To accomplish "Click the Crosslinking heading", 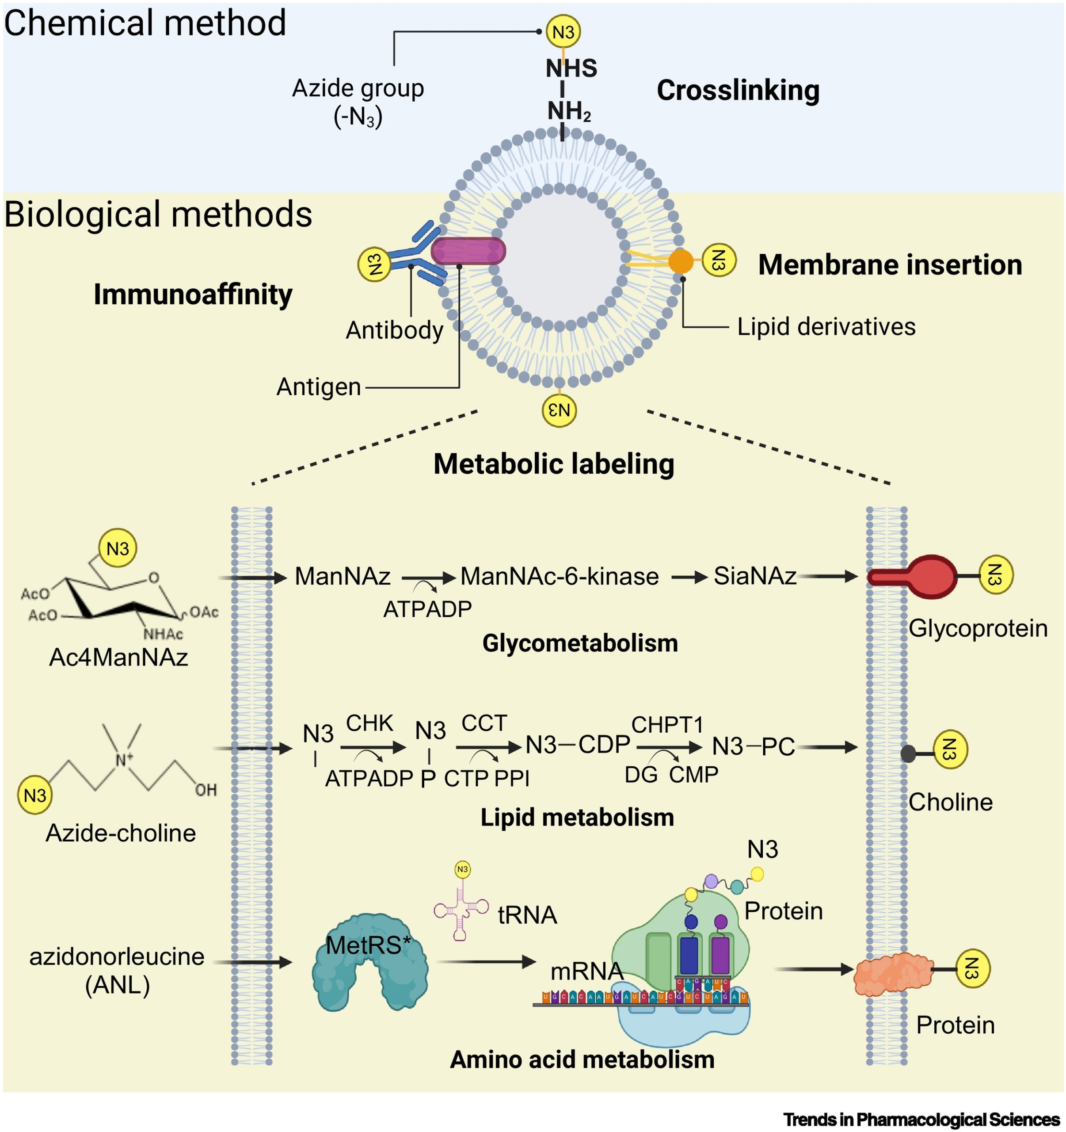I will point(738,91).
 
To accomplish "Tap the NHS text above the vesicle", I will point(571,69).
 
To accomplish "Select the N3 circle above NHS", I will point(563,32).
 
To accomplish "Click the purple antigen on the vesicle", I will point(468,251).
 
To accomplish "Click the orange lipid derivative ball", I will point(680,261).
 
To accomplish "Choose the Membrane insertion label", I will point(890,265).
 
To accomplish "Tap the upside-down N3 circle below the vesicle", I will point(559,410).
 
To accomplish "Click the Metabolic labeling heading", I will point(553,463).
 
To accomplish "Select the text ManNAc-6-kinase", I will point(559,576).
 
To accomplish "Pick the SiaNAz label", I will point(755,576).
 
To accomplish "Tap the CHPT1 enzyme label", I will point(667,725).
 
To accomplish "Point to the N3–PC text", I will point(753,746).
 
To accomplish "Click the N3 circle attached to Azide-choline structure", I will point(35,795).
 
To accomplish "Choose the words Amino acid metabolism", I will point(582,1059).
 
